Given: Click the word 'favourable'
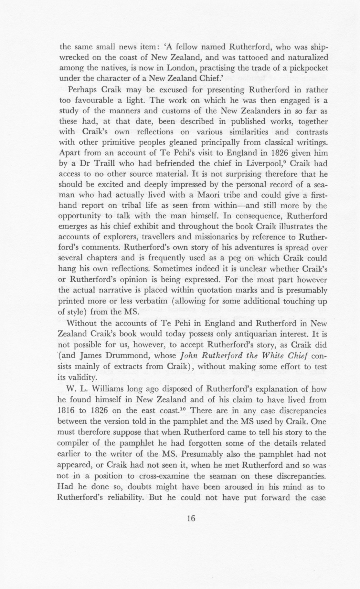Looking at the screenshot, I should coord(94,100).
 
